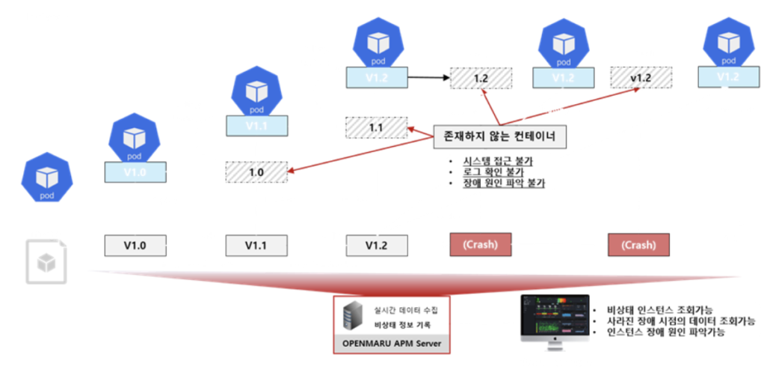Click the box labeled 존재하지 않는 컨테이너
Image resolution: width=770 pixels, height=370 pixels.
coord(499,136)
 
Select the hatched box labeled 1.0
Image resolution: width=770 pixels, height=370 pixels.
coord(256,172)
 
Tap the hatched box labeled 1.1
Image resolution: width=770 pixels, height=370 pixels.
coord(376,127)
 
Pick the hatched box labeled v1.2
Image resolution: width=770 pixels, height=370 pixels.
coord(641,78)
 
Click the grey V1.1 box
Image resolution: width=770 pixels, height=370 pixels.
coord(256,245)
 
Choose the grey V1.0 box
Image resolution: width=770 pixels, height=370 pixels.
coord(135,245)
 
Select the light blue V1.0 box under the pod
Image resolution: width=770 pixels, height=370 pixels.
coord(135,172)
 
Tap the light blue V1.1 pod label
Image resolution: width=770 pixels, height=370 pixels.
coord(256,125)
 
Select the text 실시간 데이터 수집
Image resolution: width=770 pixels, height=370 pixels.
coord(403,310)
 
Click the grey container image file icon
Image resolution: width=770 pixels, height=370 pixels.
coord(46,262)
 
